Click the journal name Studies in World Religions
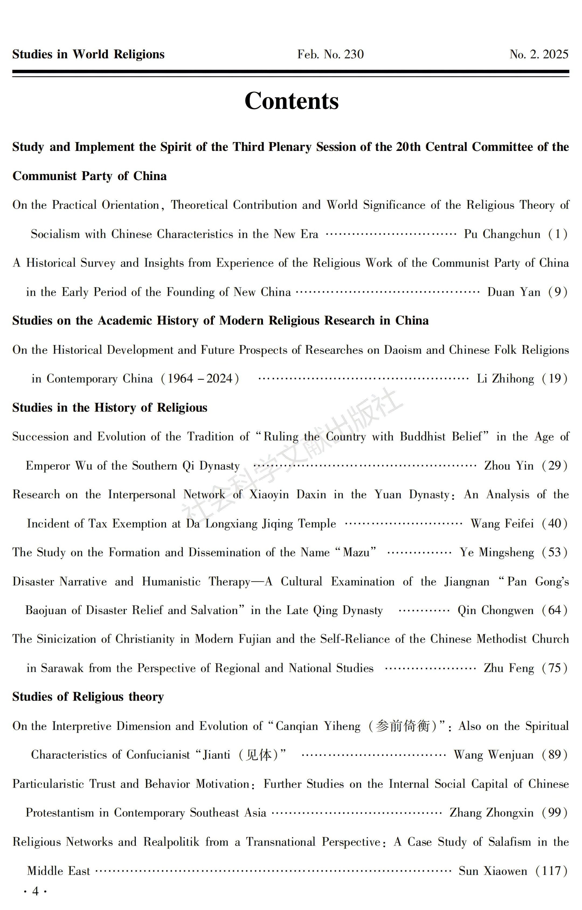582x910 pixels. (88, 54)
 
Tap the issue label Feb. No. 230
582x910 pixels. (330, 54)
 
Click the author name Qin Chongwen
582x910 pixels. (496, 611)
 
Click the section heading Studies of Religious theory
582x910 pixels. (88, 697)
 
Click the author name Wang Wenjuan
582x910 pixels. (494, 755)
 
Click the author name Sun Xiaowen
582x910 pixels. (493, 871)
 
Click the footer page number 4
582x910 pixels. (36, 891)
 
